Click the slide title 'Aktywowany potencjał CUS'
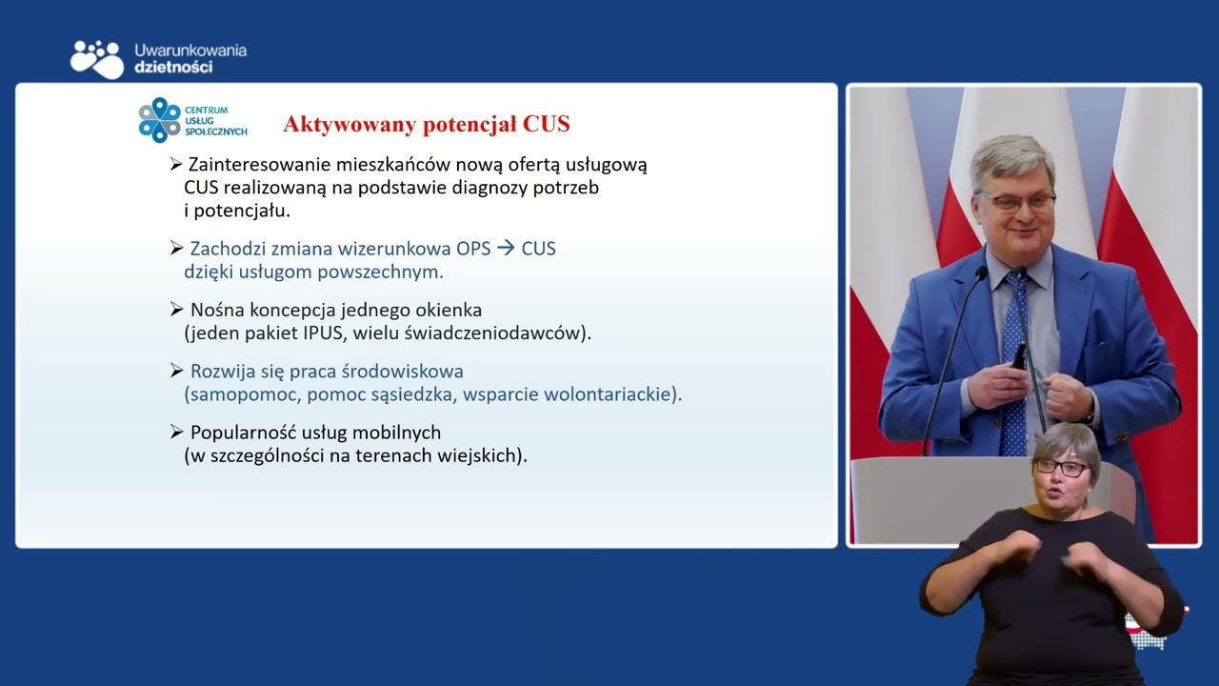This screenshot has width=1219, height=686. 426,124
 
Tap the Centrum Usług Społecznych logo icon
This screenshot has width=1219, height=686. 159,120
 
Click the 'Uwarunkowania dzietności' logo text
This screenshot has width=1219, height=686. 190,58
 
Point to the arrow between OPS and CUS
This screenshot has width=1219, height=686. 505,249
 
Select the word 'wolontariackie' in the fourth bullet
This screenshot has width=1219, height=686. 615,394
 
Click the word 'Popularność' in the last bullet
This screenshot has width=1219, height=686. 242,433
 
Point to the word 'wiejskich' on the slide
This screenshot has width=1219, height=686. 484,455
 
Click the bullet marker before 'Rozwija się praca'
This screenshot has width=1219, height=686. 176,371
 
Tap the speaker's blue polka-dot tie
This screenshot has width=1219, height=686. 1014,362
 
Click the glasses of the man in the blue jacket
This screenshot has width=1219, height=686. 1015,200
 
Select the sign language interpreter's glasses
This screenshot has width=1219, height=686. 1062,468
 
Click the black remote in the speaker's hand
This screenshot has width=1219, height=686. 1020,356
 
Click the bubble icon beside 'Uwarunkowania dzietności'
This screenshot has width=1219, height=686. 97,58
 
